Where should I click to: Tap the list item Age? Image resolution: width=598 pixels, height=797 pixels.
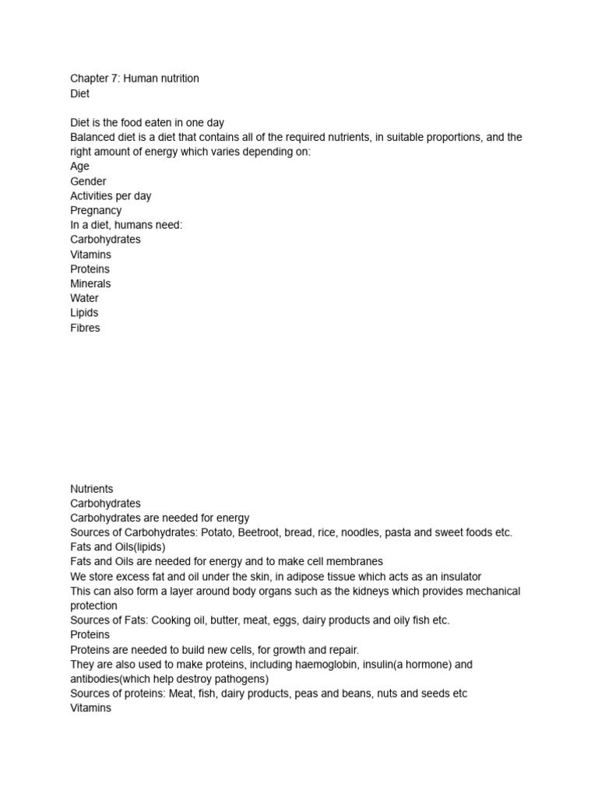pyautogui.click(x=80, y=167)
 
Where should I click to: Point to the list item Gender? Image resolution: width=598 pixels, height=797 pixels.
pyautogui.click(x=88, y=181)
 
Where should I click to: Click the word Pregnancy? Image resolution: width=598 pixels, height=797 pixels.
pyautogui.click(x=96, y=210)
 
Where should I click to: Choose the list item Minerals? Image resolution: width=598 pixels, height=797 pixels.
pyautogui.click(x=90, y=283)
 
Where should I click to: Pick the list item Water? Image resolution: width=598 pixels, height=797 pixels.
pyautogui.click(x=84, y=298)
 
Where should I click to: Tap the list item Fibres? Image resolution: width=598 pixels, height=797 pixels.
pyautogui.click(x=85, y=328)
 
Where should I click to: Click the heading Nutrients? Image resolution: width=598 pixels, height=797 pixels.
pyautogui.click(x=92, y=489)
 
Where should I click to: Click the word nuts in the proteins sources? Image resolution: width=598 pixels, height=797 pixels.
pyautogui.click(x=395, y=693)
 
